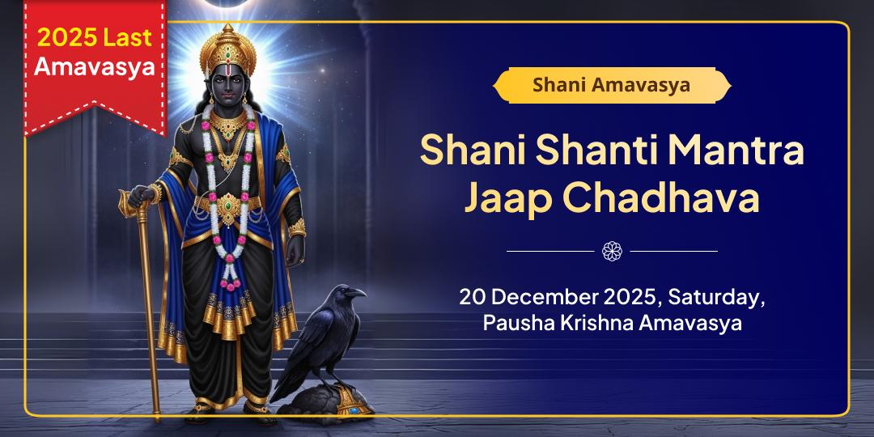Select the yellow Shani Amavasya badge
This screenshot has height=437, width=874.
pyautogui.click(x=611, y=85)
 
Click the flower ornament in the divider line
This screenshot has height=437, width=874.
pyautogui.click(x=612, y=251)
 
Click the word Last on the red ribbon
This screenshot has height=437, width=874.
pyautogui.click(x=129, y=37)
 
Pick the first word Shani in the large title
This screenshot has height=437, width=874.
pyautogui.click(x=469, y=151)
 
